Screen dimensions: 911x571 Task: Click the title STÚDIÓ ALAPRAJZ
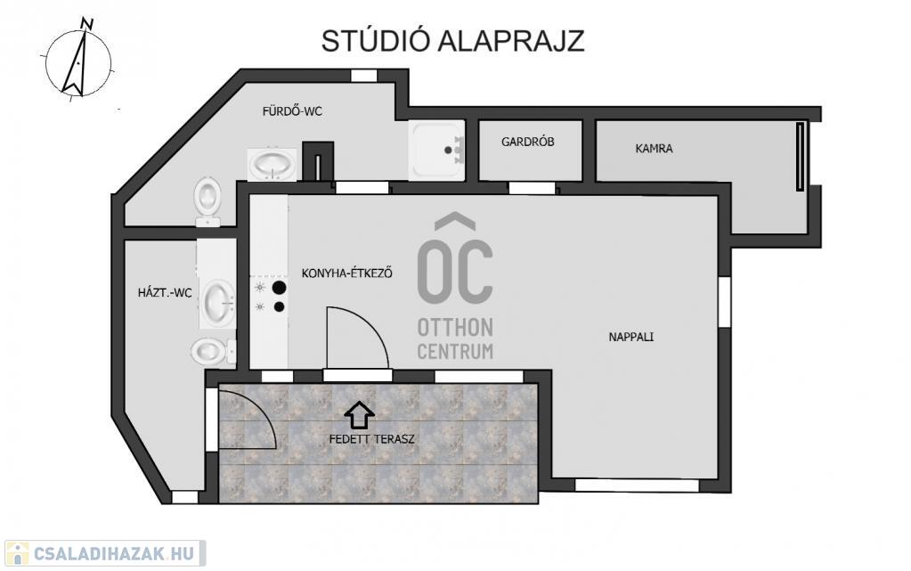tap(452, 41)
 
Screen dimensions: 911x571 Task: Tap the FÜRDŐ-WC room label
tap(292, 111)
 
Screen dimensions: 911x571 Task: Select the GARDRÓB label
tap(527, 142)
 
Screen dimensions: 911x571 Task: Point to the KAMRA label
tap(654, 148)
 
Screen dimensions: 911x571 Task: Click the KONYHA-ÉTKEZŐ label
tap(346, 273)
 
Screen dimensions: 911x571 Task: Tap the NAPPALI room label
tap(631, 337)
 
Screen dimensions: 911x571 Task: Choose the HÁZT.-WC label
tap(165, 292)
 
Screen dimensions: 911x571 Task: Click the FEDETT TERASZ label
tap(372, 439)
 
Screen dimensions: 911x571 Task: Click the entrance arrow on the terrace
tap(359, 414)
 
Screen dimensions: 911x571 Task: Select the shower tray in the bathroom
tap(436, 150)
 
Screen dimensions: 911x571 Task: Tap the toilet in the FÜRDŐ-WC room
tap(207, 201)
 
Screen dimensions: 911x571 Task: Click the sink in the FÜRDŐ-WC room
tap(272, 165)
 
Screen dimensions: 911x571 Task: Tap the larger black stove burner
tap(280, 287)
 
